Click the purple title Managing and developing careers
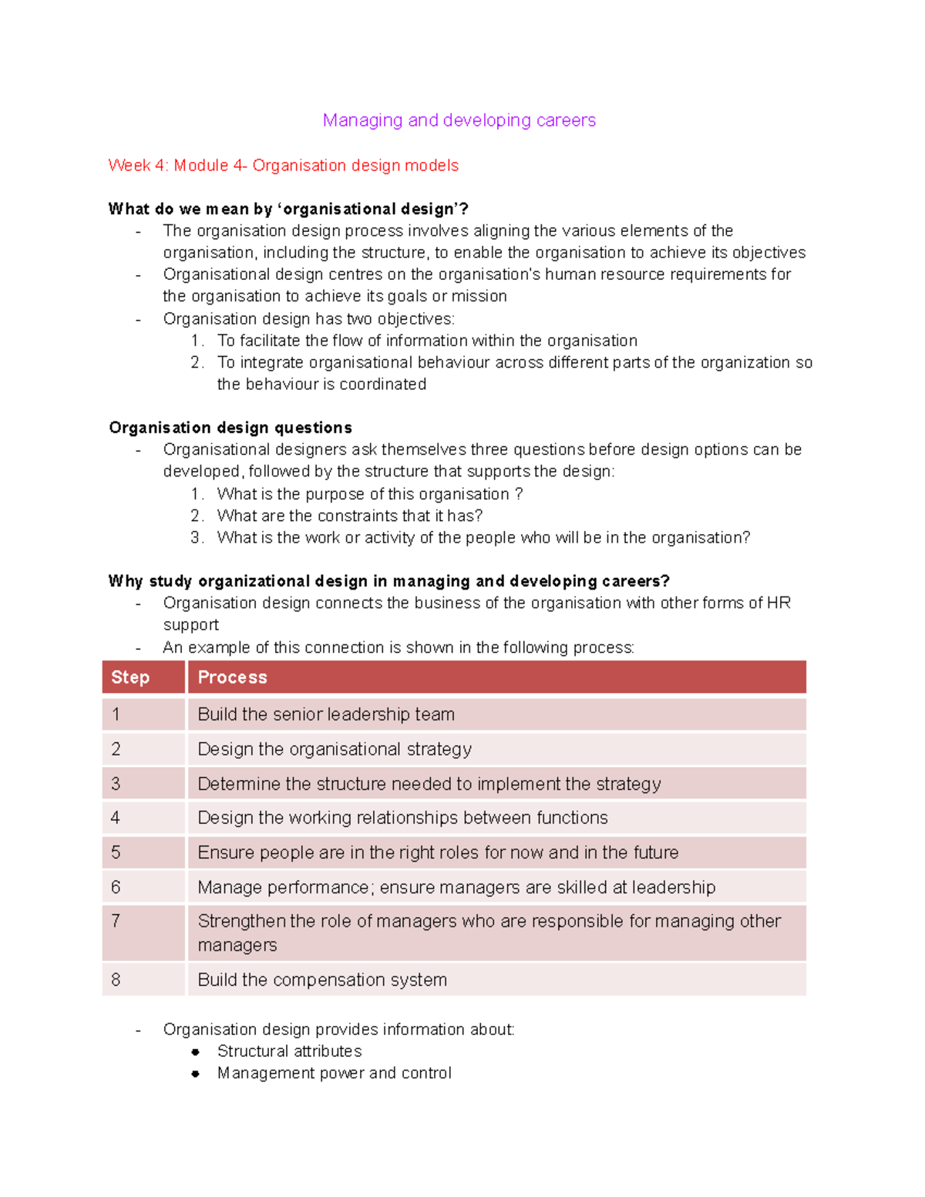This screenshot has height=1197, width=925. point(459,120)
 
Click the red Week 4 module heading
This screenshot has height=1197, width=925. point(283,165)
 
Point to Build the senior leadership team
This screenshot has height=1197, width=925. point(326,714)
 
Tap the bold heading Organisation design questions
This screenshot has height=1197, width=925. point(230,428)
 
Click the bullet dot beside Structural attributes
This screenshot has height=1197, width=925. point(196,1051)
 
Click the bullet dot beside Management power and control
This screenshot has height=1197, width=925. point(196,1073)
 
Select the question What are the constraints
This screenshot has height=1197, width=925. point(350,516)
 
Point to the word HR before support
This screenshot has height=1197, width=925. point(779,603)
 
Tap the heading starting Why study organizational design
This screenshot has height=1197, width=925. point(388,580)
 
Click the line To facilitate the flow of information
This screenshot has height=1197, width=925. point(427,341)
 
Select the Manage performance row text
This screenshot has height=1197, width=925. point(456,886)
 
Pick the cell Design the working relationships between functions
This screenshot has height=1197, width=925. point(402,817)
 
